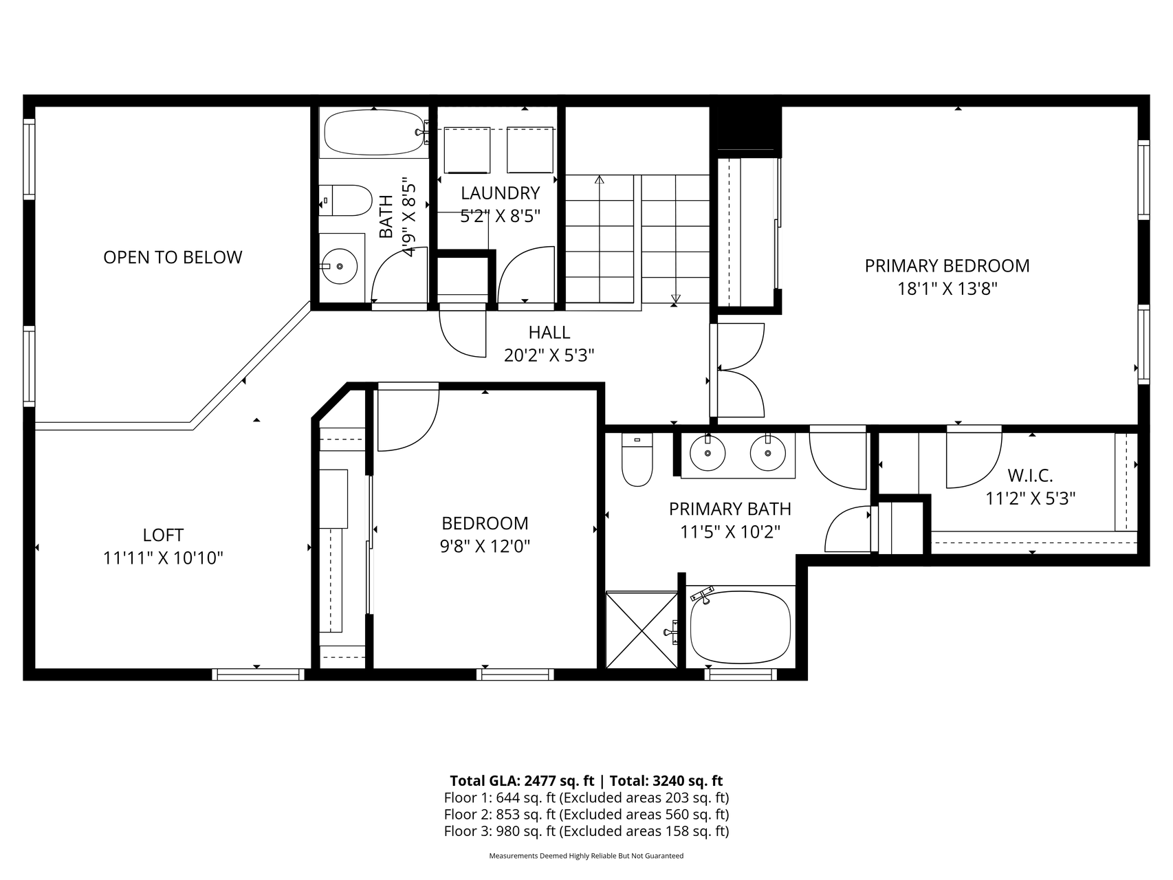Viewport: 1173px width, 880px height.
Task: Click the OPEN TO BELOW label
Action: [173, 257]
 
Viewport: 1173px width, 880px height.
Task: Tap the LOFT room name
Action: [163, 535]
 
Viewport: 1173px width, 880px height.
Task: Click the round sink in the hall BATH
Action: [340, 265]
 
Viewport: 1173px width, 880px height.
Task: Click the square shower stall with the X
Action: [642, 629]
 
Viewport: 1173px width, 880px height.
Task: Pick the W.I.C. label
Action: [1030, 475]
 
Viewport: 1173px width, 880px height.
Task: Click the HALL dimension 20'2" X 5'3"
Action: [549, 355]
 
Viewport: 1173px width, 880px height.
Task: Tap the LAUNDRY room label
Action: [500, 193]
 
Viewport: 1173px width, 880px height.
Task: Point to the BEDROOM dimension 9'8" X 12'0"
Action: [485, 547]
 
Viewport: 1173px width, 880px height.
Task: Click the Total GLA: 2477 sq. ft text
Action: [522, 780]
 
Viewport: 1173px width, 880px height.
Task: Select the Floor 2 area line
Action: [586, 814]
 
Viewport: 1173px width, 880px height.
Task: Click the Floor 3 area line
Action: [586, 830]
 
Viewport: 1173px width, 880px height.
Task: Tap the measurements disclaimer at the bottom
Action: [586, 856]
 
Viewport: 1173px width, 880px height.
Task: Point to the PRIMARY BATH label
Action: [730, 509]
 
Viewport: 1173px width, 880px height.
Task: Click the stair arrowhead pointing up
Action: [600, 179]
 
